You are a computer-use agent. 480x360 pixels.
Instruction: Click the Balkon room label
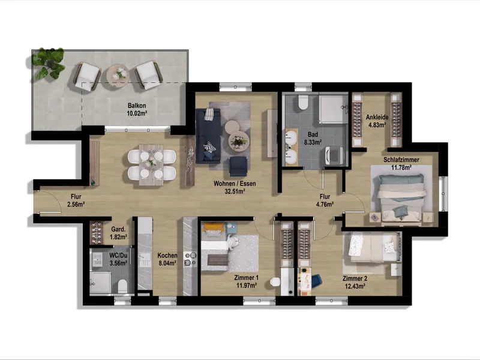137,106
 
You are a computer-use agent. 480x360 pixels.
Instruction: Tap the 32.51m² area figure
235,191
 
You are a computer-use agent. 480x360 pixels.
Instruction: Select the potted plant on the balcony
49,63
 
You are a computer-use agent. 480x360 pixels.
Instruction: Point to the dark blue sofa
208,136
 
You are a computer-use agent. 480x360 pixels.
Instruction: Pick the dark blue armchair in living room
238,166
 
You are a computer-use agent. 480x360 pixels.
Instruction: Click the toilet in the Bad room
303,102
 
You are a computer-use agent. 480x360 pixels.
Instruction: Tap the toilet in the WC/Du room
122,286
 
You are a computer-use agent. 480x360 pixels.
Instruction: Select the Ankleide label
377,117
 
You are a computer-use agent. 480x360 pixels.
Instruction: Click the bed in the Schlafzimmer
401,197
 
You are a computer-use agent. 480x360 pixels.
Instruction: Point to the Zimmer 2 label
355,278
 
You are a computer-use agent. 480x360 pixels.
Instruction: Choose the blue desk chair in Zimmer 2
317,281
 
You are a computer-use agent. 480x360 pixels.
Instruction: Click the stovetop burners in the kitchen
190,259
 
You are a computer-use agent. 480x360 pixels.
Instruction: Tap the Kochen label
167,256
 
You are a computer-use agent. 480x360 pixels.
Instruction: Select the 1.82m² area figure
118,236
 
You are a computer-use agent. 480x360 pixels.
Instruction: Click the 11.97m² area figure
247,286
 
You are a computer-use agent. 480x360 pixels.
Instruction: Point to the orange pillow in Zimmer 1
214,227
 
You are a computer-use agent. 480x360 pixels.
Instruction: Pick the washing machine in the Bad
334,155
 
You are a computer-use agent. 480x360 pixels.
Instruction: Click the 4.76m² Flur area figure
325,204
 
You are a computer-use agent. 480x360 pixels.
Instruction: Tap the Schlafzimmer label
401,160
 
